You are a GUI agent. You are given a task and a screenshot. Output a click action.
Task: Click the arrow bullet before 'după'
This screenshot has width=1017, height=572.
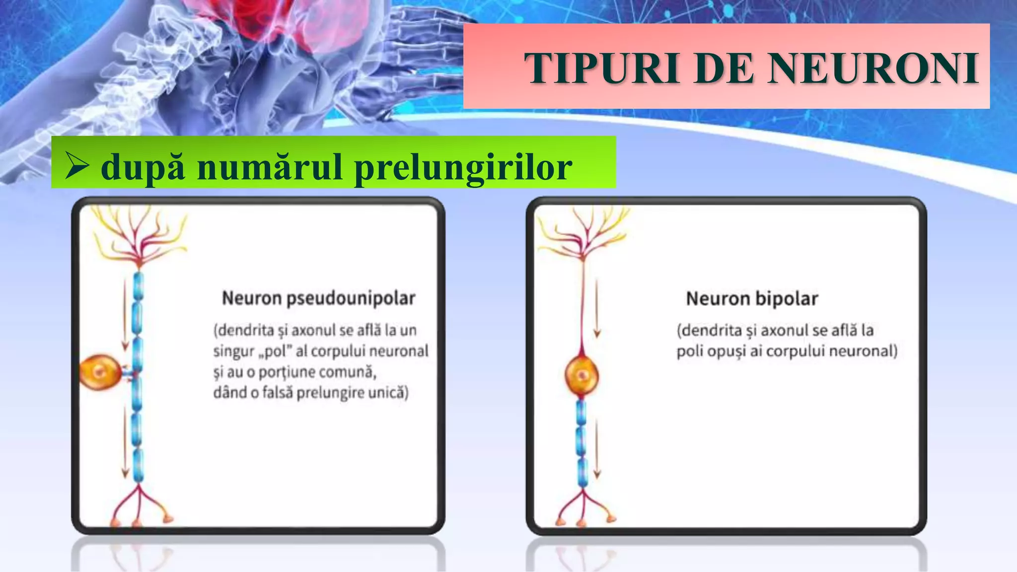point(76,165)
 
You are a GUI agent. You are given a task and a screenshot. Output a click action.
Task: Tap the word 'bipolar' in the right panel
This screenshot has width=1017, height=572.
point(786,299)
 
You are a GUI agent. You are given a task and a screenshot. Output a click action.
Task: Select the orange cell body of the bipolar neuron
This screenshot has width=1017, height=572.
point(581,375)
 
